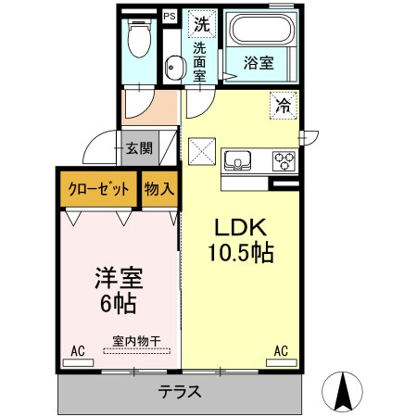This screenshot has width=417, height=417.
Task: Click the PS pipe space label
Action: (x=170, y=16)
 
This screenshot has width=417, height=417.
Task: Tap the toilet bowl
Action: (x=140, y=39)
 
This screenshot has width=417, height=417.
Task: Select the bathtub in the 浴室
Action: (x=261, y=29)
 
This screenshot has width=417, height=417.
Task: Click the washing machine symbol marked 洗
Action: (x=202, y=24)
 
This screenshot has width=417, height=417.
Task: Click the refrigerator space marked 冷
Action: (x=283, y=106)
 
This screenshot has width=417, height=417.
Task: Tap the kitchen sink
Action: (x=237, y=160)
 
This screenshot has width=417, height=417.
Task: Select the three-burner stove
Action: (x=284, y=160)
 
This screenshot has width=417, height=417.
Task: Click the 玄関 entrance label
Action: (x=139, y=148)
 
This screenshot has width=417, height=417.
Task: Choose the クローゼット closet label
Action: (x=98, y=189)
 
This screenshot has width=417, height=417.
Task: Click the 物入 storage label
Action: (x=159, y=188)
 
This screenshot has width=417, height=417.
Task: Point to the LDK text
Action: (x=241, y=227)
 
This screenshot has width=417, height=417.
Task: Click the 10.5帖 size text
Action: (x=241, y=253)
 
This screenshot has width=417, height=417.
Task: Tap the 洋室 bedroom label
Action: (x=119, y=278)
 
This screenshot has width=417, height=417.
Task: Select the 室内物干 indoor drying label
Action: (x=136, y=341)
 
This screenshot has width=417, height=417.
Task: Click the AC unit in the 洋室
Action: (x=78, y=362)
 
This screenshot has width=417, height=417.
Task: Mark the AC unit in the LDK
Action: (x=282, y=362)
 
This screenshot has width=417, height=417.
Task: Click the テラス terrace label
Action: (x=180, y=392)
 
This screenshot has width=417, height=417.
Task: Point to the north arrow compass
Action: (x=342, y=392)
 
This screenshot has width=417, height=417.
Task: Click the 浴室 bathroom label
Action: (x=259, y=63)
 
